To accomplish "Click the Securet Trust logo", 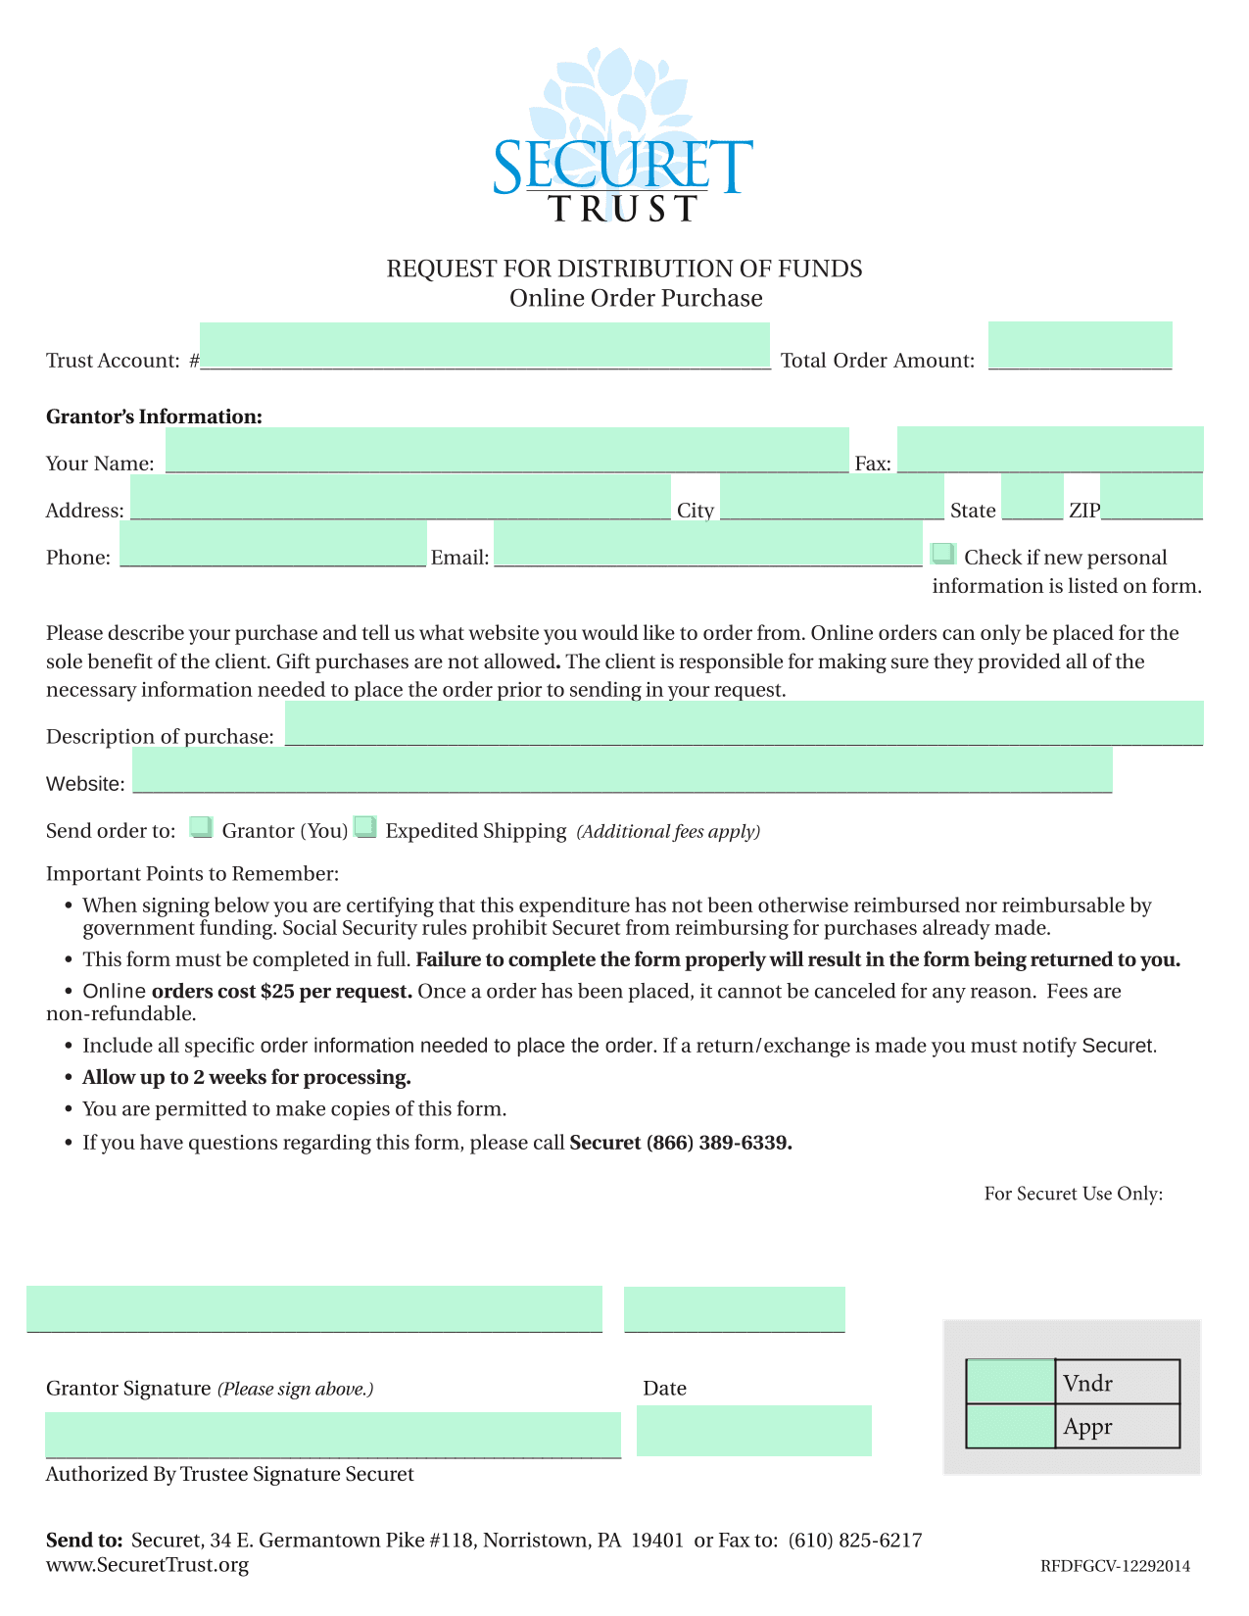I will click(623, 137).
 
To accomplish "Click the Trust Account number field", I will click(485, 345).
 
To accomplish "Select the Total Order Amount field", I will click(1080, 345).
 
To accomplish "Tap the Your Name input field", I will click(506, 450).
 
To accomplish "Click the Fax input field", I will click(1049, 450).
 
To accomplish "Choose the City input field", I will click(832, 497).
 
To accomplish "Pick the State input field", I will click(1032, 497).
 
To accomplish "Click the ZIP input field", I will click(1151, 497).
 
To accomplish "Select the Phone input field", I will click(273, 544).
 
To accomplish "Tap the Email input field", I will click(707, 544).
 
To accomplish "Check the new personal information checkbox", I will click(943, 554).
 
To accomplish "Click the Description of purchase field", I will click(744, 723).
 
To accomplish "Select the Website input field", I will click(622, 770).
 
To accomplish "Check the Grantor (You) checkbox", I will click(201, 827).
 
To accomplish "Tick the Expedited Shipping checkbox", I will click(364, 827).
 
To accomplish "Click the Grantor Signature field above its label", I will click(313, 1309).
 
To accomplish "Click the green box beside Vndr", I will click(1010, 1382).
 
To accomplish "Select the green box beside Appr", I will click(1010, 1426).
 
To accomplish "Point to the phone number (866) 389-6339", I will click(719, 1143).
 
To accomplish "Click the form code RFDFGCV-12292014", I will click(1115, 1566).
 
